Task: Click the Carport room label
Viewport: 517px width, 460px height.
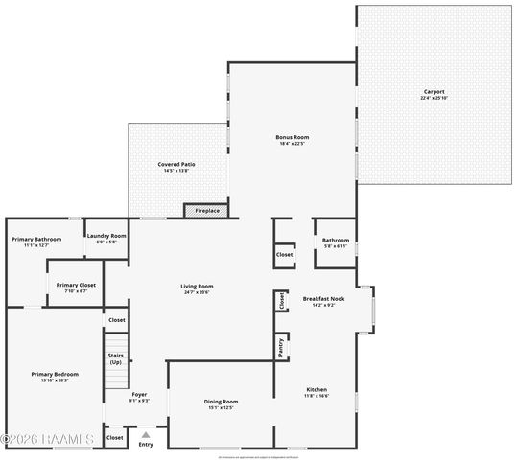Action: pyautogui.click(x=435, y=92)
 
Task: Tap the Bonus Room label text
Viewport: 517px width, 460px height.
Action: pyautogui.click(x=292, y=138)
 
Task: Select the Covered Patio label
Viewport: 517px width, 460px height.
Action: pyautogui.click(x=176, y=164)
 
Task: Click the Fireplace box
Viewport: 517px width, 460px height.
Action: pyautogui.click(x=207, y=210)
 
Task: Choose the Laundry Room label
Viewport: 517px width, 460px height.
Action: pyautogui.click(x=106, y=236)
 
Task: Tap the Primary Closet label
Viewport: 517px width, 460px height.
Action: pyautogui.click(x=75, y=285)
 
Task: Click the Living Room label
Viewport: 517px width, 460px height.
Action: pyautogui.click(x=197, y=286)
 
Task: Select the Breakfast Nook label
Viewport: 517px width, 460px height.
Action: pyautogui.click(x=323, y=299)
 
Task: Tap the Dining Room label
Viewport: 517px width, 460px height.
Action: pyautogui.click(x=221, y=402)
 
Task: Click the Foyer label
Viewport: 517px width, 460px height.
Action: pyautogui.click(x=139, y=394)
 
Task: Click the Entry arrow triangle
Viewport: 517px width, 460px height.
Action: pyautogui.click(x=146, y=434)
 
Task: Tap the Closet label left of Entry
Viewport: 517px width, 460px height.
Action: pyautogui.click(x=114, y=437)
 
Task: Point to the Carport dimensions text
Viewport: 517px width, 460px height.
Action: pyautogui.click(x=435, y=99)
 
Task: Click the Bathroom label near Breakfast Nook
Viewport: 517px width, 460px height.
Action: pyautogui.click(x=335, y=240)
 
